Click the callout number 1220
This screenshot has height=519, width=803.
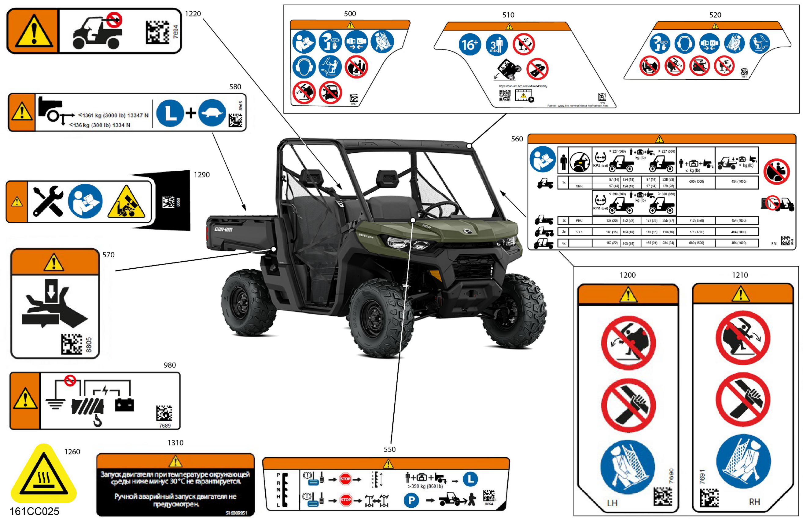click(193, 14)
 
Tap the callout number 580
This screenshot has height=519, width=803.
click(235, 87)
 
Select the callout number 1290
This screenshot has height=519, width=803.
click(201, 175)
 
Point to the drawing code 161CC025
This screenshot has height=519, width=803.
click(35, 511)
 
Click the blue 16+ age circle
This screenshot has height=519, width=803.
click(469, 45)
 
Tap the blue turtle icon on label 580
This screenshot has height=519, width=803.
click(212, 113)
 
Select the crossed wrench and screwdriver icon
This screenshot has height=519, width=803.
click(48, 201)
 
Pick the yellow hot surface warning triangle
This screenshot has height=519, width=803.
click(44, 474)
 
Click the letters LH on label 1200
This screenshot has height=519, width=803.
click(612, 503)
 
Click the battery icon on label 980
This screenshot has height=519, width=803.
click(124, 405)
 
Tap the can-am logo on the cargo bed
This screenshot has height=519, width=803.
click(223, 230)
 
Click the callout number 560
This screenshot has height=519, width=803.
click(517, 139)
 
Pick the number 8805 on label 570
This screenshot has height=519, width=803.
click(89, 344)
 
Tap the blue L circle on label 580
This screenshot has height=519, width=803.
click(170, 113)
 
